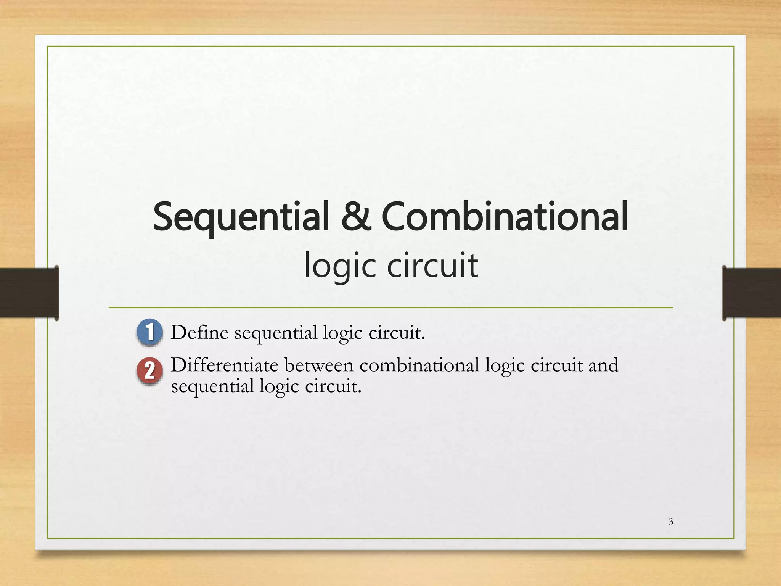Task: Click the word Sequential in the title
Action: [x=241, y=217]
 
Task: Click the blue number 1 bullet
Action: [x=149, y=332]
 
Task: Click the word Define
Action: [x=199, y=332]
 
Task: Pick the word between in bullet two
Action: [x=319, y=365]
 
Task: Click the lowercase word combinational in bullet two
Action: [x=419, y=365]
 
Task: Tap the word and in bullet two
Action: [x=603, y=365]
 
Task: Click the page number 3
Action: [x=671, y=522]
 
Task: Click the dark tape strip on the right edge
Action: [x=751, y=293]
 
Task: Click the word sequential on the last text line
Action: [x=212, y=386]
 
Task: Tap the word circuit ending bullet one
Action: [x=396, y=333]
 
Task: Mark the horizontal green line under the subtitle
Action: [x=390, y=307]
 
